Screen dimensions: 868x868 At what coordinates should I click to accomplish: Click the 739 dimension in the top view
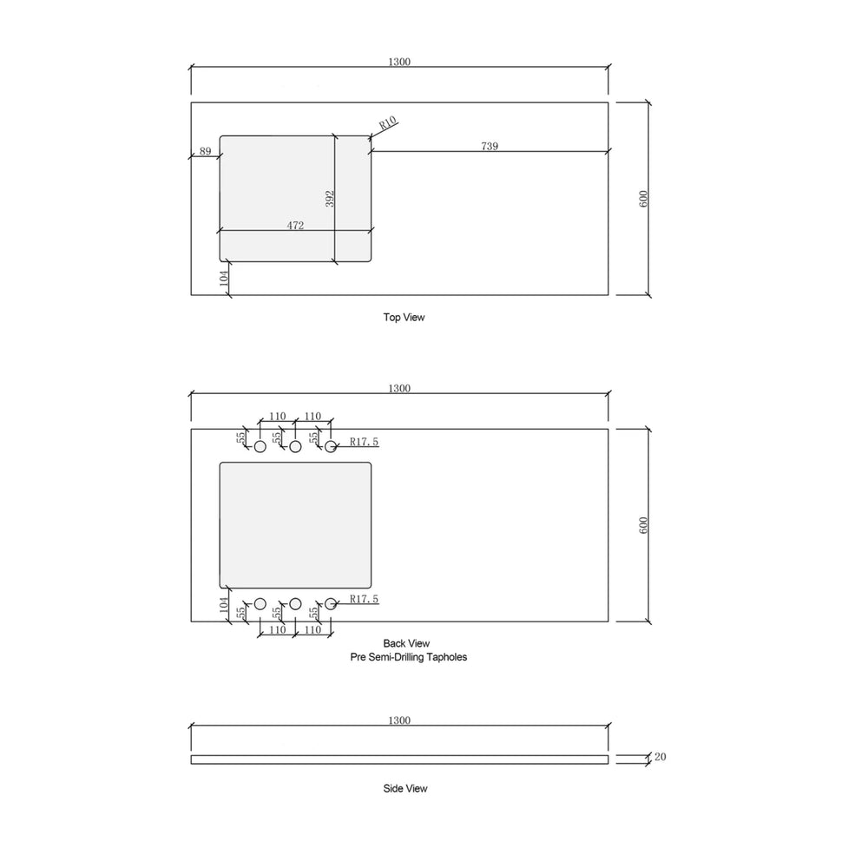click(x=490, y=146)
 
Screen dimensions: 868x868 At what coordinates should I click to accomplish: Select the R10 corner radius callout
click(x=388, y=123)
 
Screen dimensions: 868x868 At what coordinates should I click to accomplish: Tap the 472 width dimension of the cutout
click(x=295, y=226)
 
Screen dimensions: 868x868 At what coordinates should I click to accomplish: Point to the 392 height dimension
click(x=330, y=199)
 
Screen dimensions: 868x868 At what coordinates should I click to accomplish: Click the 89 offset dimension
click(x=206, y=151)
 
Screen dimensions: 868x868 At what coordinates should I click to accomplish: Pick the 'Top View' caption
click(x=404, y=317)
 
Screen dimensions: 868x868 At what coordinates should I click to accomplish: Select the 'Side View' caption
click(x=405, y=788)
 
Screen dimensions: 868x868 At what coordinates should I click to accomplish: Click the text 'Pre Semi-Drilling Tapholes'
click(x=409, y=657)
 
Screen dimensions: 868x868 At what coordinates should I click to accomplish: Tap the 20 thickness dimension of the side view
click(x=661, y=757)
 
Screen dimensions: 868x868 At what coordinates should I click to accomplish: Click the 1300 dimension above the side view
click(x=399, y=720)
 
